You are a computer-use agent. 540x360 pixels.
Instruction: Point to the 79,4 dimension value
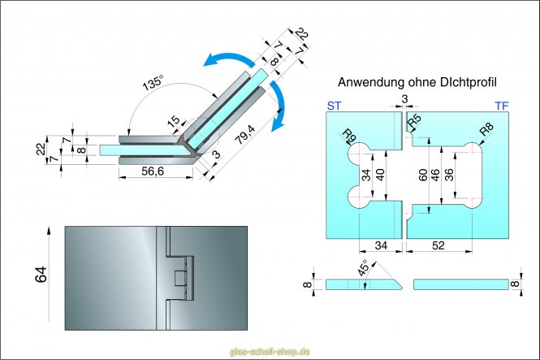click(244, 128)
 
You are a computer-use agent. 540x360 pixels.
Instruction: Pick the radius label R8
click(486, 130)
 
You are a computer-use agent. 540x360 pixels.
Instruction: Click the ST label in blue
click(334, 106)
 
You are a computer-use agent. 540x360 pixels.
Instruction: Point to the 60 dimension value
click(421, 176)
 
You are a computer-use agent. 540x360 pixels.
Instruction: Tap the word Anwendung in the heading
click(366, 82)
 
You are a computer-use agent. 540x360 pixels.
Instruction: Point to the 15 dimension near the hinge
click(173, 122)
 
